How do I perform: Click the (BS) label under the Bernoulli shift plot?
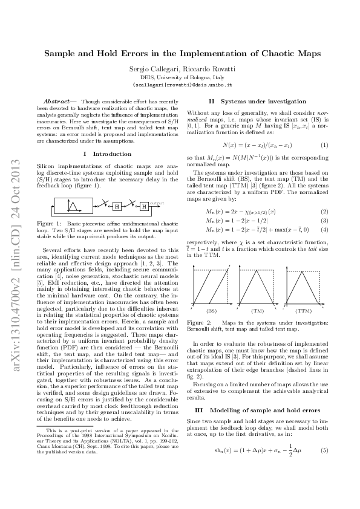click(211, 310)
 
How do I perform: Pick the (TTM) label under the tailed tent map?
click(303, 310)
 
